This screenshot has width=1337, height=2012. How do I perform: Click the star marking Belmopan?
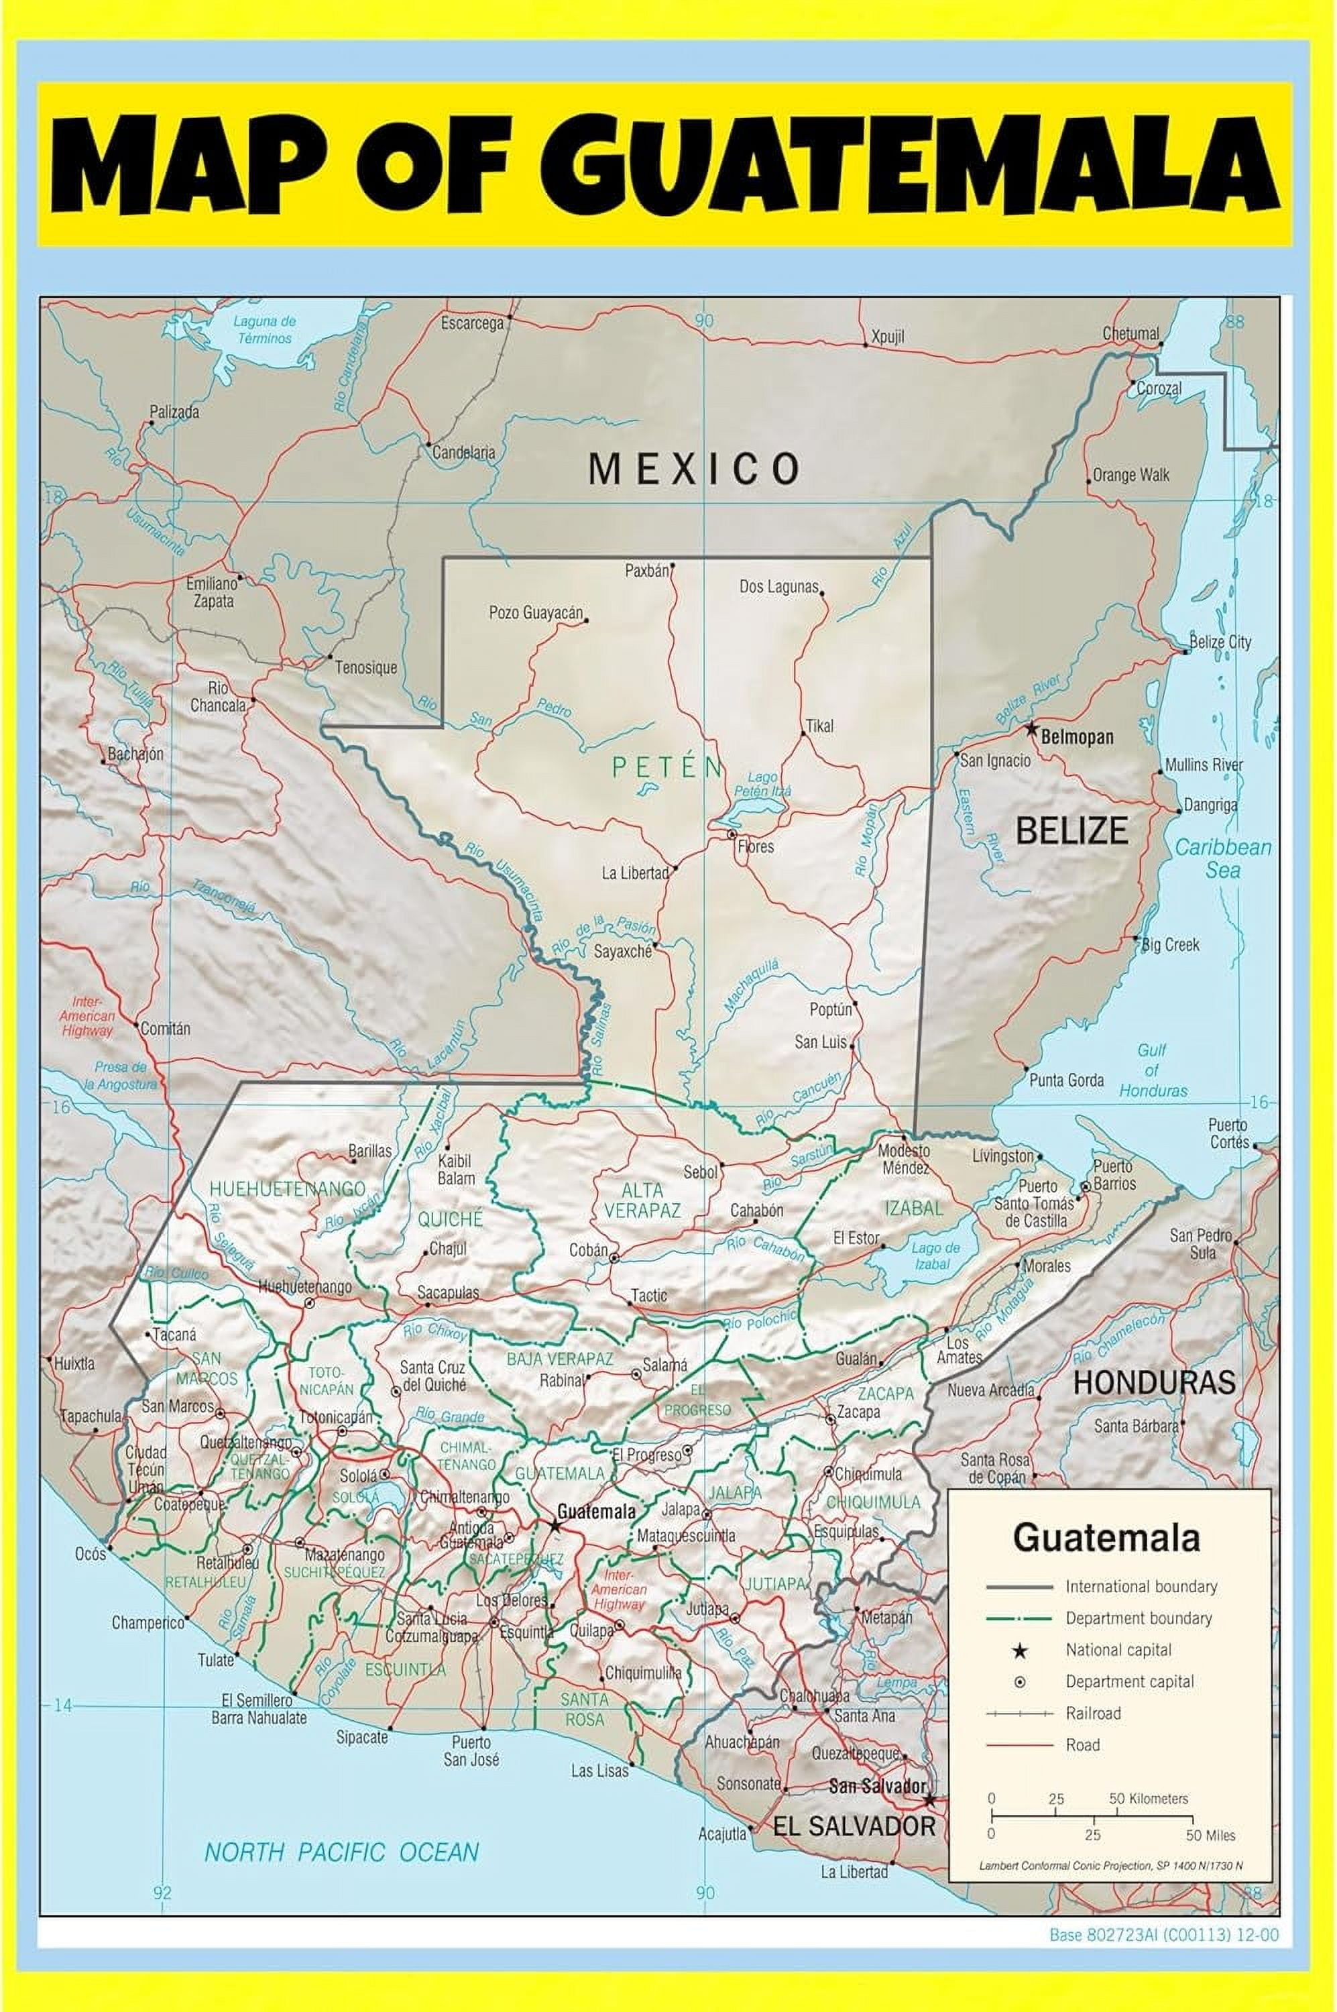click(1032, 729)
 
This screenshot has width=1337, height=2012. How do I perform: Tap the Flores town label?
click(756, 847)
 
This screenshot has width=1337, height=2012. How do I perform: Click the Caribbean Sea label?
click(1223, 858)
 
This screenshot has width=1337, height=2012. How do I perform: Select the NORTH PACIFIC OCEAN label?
click(341, 1852)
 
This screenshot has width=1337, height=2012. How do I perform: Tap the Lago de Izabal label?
click(935, 1255)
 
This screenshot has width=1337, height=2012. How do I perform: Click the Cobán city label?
click(588, 1250)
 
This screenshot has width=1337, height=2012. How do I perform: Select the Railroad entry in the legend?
click(1092, 1714)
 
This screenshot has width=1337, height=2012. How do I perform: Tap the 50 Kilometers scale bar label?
click(1148, 1799)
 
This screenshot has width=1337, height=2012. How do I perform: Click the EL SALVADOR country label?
click(854, 1826)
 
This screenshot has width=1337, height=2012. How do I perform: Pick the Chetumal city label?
click(1130, 333)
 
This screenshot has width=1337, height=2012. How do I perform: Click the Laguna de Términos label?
click(264, 329)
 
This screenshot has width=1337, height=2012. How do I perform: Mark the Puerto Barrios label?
click(1114, 1174)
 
